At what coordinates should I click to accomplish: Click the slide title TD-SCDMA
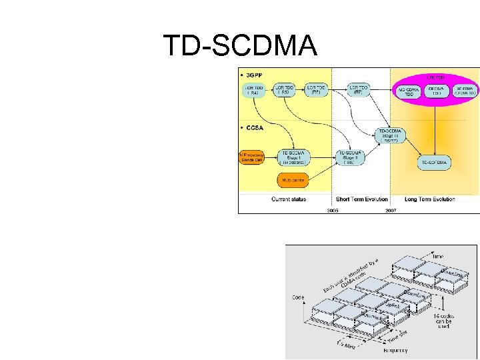click(x=240, y=46)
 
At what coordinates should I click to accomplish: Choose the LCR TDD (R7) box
click(x=359, y=90)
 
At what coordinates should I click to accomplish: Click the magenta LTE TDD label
click(x=435, y=77)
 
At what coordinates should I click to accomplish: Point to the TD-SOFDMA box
click(x=435, y=162)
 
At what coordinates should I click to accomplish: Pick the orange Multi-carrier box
click(x=293, y=180)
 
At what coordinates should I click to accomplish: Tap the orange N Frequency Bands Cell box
click(x=252, y=158)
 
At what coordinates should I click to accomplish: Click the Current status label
click(x=289, y=199)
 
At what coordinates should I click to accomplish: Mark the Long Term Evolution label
click(x=429, y=199)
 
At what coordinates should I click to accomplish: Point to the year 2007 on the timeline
click(x=391, y=209)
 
